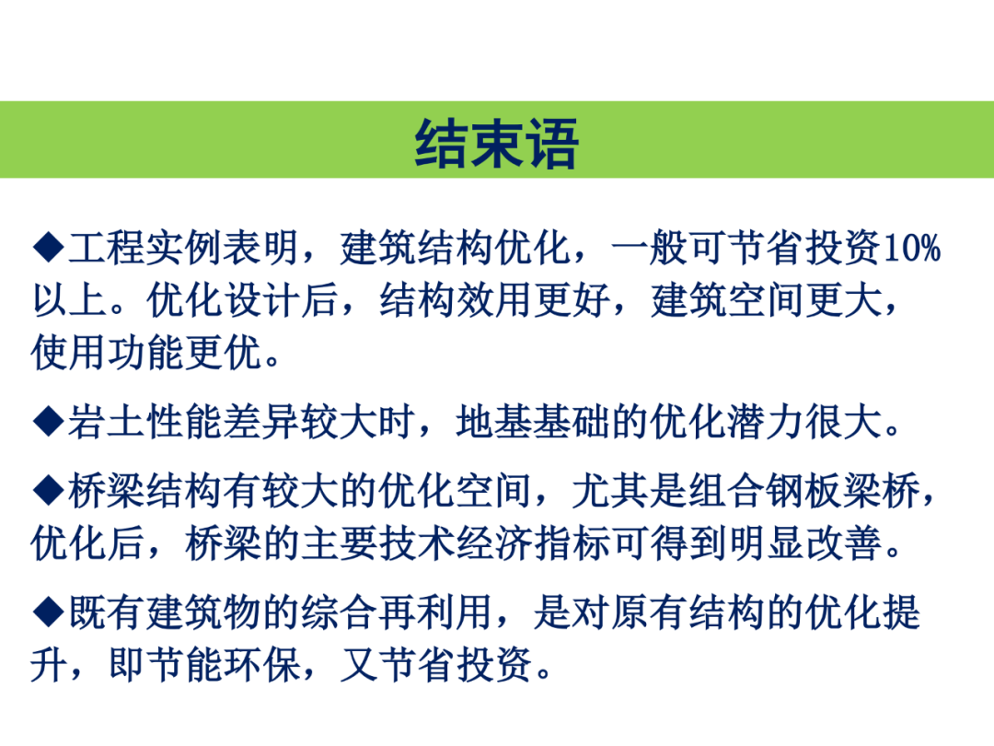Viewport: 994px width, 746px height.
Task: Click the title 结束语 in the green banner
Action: coord(496,144)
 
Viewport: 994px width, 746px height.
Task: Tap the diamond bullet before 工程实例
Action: coord(49,248)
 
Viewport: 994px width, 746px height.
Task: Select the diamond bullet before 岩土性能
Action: coord(49,421)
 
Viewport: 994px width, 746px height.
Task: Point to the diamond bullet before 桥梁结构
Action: coord(49,490)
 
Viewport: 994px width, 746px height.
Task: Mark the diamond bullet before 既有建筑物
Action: coord(49,612)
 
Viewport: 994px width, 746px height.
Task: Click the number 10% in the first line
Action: coord(911,248)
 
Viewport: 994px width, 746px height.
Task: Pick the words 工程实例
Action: coord(144,248)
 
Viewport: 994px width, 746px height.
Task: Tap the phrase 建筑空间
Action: coord(728,300)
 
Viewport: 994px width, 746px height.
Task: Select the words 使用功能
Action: coord(108,353)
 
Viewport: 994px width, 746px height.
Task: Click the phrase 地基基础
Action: coord(533,421)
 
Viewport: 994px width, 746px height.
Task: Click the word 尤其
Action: coord(610,490)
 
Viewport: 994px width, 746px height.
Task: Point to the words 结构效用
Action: coord(457,300)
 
